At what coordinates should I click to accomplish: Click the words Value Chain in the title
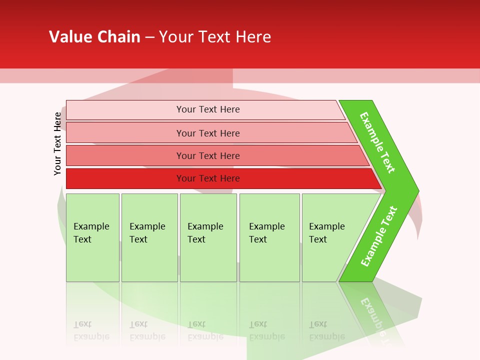(94, 37)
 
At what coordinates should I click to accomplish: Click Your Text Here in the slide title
(215, 37)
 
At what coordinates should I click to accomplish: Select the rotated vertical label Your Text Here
(57, 143)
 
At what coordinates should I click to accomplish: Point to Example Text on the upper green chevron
(377, 142)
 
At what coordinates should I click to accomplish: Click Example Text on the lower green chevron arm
(378, 236)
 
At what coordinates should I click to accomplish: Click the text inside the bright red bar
(208, 178)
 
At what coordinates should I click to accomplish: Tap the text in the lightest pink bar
(208, 109)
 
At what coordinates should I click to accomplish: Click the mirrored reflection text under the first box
(91, 330)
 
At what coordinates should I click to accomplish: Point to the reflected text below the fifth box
(326, 330)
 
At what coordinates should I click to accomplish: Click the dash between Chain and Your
(149, 37)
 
